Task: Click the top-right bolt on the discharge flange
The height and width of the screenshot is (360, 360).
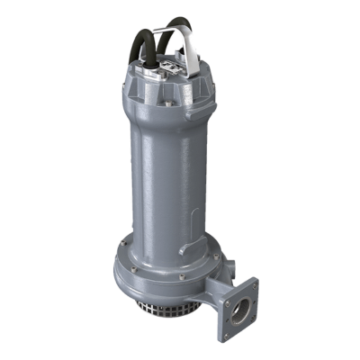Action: (x=254, y=287)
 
